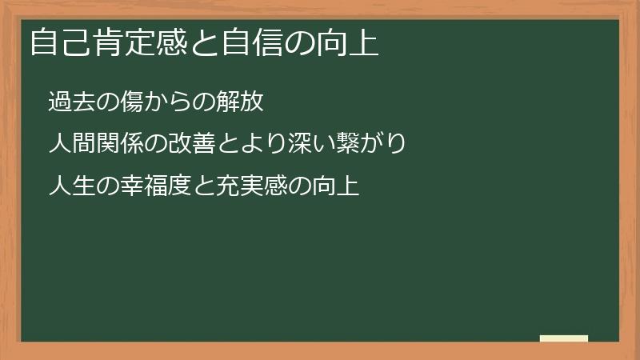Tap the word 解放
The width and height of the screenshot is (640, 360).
tap(241, 102)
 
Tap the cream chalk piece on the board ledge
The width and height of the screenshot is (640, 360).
tap(564, 339)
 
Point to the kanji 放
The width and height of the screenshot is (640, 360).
tap(252, 102)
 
